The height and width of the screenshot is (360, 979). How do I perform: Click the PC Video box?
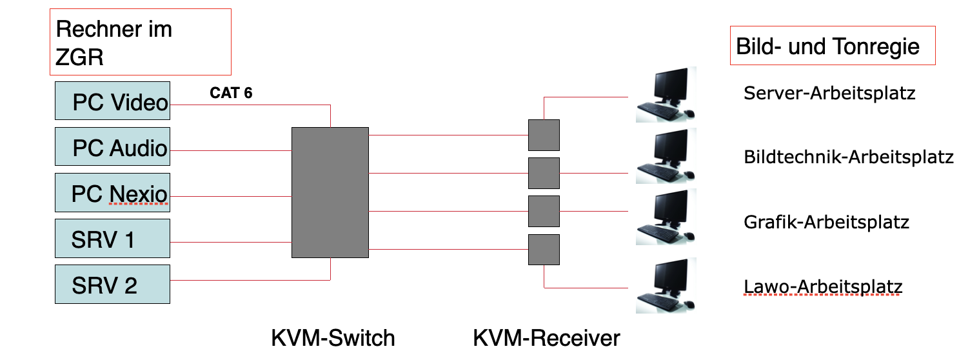point(112,101)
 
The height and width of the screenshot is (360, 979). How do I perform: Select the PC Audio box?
point(112,147)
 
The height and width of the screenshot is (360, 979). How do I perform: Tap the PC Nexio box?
point(112,193)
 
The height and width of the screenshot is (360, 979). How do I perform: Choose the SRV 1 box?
point(112,239)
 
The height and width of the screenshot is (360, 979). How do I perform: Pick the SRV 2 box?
point(112,285)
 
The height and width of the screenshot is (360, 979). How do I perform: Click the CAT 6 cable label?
point(231,94)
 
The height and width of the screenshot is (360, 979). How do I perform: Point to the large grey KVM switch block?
point(330,193)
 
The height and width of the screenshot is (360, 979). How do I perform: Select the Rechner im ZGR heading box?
point(141,42)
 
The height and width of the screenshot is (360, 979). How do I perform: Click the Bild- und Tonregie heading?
point(832,46)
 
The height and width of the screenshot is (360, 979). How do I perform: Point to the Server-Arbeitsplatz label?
point(829,94)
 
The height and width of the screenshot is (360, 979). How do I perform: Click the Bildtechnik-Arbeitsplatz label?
point(848,157)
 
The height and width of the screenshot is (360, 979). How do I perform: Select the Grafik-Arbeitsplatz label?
point(826,223)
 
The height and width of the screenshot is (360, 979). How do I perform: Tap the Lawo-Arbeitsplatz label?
point(823,287)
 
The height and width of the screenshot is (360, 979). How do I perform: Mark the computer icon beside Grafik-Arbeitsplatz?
point(664,218)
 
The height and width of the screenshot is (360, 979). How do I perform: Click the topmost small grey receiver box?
point(544,135)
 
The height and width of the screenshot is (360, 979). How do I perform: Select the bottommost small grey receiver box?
point(544,250)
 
